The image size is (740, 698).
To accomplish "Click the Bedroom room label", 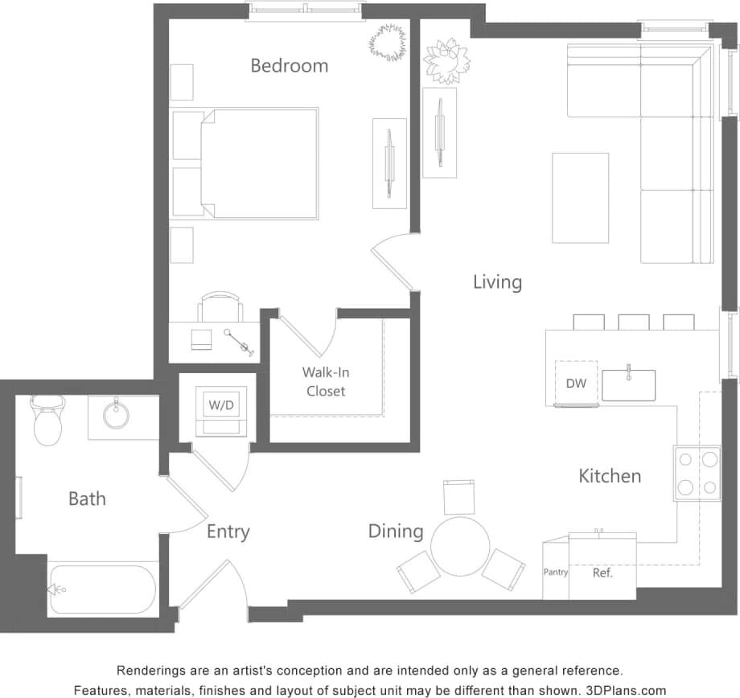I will point(289,65).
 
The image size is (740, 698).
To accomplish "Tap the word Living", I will point(497,282).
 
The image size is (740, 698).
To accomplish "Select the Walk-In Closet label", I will point(326,381).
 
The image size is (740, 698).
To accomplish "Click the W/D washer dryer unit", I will point(221,404).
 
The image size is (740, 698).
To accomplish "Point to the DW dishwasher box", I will point(576,384).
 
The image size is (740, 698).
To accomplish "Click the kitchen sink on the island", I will point(628,385).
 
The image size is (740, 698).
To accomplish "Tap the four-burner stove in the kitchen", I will point(697,473).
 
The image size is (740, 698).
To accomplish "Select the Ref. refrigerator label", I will point(602,573).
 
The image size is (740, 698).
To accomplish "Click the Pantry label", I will point(555,573).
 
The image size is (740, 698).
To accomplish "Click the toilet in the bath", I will point(47,421).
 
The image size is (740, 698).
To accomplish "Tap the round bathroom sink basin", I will point(117,415).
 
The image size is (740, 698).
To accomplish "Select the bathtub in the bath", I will point(103,589).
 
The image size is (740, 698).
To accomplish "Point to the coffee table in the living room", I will point(580,198).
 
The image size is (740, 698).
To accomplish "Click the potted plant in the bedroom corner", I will point(388,41).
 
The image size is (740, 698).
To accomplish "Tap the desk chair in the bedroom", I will point(220,308).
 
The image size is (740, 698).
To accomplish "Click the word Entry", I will point(228,532).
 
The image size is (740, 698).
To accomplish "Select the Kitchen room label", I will point(610,476).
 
